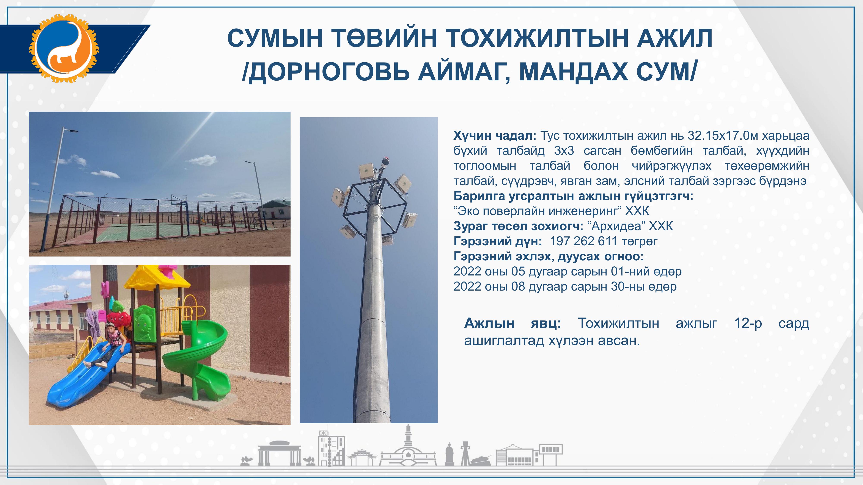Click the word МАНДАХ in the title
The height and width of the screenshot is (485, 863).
[x=574, y=72]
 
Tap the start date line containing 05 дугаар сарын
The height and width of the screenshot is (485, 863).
[x=567, y=271]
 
